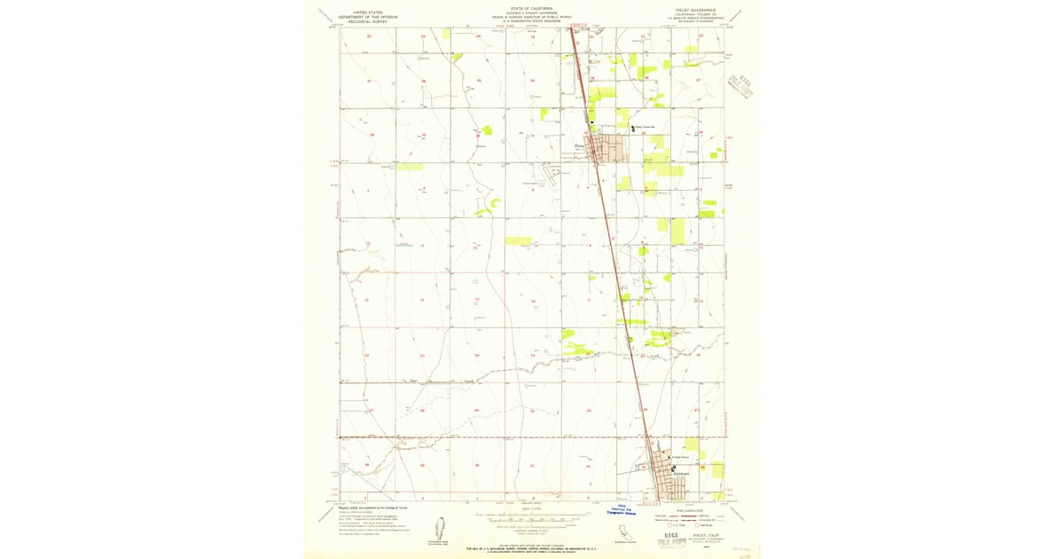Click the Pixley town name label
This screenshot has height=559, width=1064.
coord(581,146)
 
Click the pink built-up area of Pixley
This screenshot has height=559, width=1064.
coord(615,148)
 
